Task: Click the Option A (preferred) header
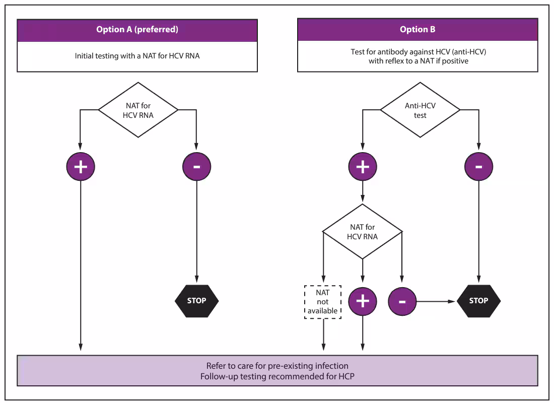point(137,30)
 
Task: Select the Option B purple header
point(418,30)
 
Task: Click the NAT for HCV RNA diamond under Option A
point(138,110)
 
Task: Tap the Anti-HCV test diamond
point(420,110)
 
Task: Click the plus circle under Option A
point(81,167)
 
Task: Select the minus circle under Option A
point(196,167)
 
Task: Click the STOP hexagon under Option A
point(196,301)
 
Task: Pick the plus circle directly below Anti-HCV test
point(363,167)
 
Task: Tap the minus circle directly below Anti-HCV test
point(478,167)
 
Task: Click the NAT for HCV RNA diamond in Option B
point(363,231)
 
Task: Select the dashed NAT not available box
point(323,302)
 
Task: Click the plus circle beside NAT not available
point(363,301)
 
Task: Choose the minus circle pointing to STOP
point(402,301)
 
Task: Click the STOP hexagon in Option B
point(478,301)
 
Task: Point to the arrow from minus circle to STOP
point(436,301)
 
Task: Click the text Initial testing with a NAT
point(137,56)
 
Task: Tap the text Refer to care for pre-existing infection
point(277,366)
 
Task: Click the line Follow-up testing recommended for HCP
point(277,376)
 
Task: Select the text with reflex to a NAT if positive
point(418,61)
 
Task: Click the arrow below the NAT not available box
point(323,335)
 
